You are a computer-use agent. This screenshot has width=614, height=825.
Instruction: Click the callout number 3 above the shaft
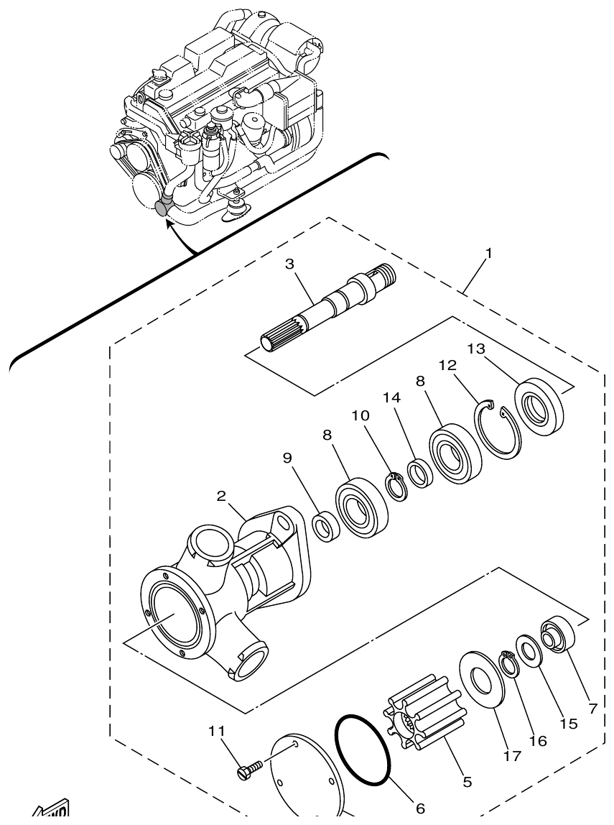click(x=289, y=264)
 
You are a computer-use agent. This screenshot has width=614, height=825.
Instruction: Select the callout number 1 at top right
click(x=488, y=254)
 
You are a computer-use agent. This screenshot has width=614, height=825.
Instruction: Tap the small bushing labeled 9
click(x=326, y=527)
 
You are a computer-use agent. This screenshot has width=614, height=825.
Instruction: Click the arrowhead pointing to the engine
click(x=167, y=222)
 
